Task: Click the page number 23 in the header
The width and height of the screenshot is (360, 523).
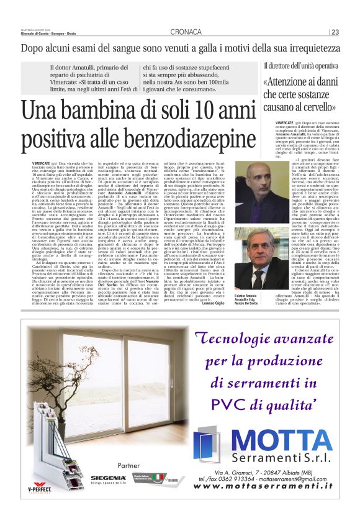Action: pyautogui.click(x=335, y=32)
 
